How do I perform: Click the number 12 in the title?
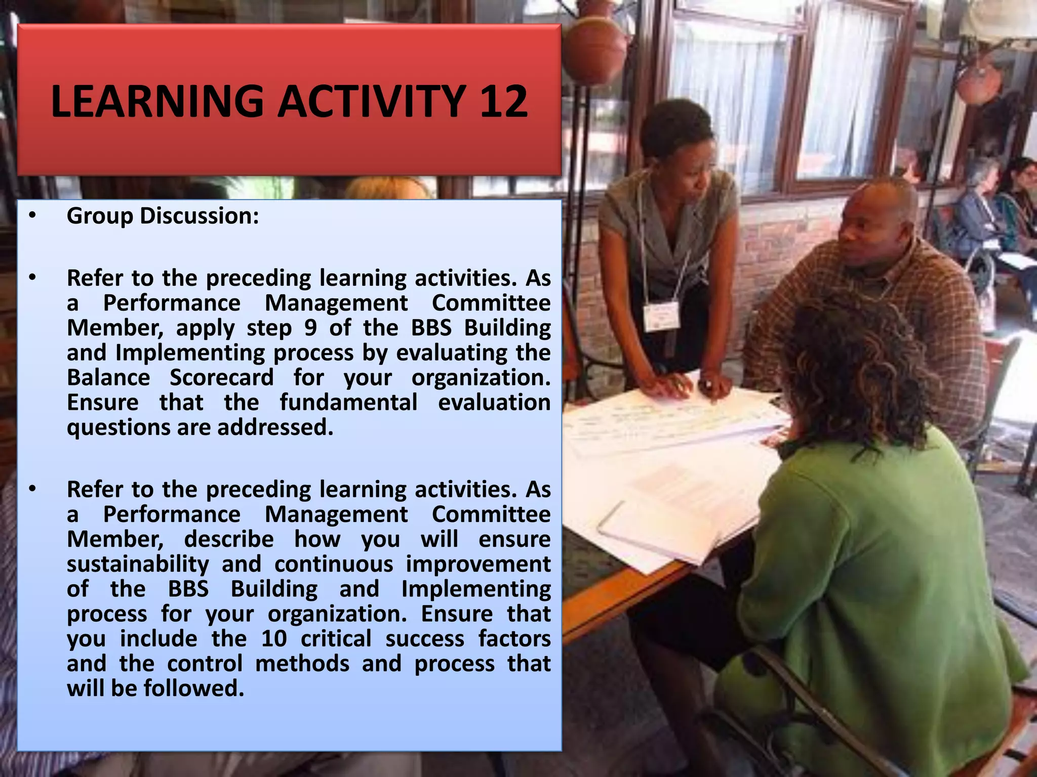point(503,101)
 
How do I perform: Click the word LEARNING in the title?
point(157,101)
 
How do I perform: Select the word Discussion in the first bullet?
point(199,216)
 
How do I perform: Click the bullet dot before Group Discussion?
point(32,216)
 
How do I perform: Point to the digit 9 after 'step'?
point(311,328)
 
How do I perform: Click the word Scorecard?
point(221,377)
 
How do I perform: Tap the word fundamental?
point(348,403)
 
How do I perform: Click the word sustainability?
point(138,564)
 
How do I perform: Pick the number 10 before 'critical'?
point(274,638)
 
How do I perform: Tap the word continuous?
point(334,564)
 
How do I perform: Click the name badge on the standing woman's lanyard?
point(661,316)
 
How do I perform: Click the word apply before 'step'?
point(205,328)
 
